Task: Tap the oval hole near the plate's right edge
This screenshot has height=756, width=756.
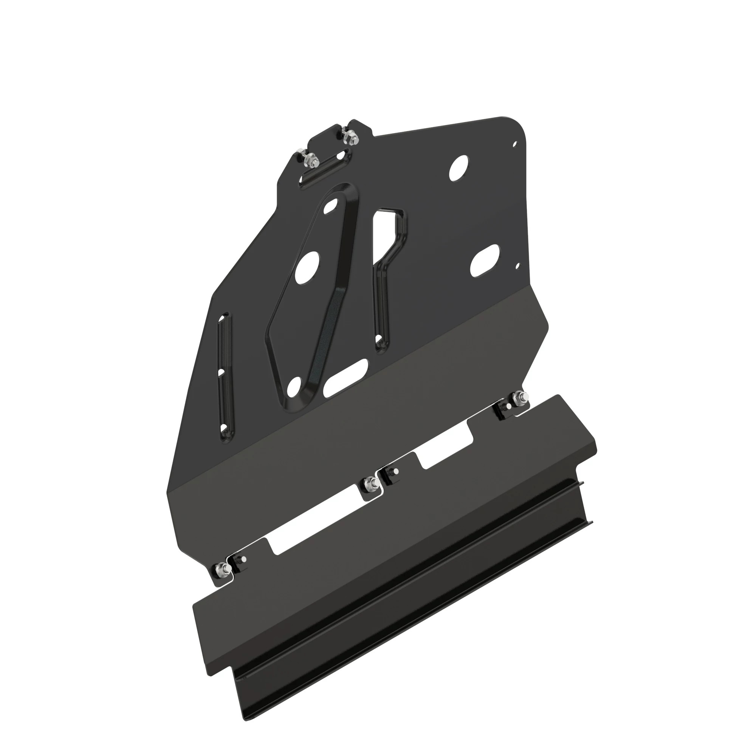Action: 485,260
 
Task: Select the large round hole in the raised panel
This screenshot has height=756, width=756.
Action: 308,268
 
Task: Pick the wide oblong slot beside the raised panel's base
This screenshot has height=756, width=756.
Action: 345,377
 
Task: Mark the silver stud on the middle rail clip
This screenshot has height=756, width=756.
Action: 395,471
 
